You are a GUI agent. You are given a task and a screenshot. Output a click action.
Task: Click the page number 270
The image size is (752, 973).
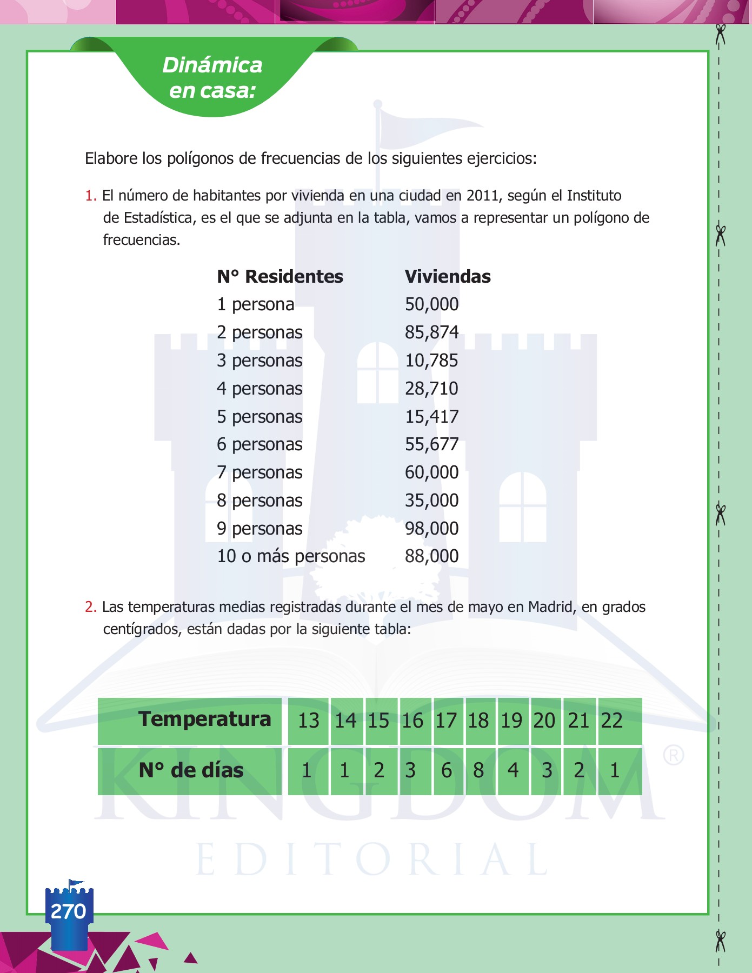(68, 911)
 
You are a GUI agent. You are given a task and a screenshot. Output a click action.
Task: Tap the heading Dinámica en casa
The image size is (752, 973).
(212, 78)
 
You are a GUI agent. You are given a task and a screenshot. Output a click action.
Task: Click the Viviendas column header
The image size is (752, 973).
(448, 276)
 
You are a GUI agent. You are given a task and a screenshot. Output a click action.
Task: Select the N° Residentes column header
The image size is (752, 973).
(280, 276)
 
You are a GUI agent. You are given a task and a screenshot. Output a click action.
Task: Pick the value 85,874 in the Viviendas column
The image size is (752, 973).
(431, 332)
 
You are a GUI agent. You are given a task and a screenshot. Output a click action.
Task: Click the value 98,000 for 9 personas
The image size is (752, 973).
(431, 528)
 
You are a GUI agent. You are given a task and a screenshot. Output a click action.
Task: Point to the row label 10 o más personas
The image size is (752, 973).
(291, 556)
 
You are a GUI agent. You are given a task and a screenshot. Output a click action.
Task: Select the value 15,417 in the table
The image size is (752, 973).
(431, 416)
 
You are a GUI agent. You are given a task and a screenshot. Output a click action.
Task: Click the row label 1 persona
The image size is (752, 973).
(256, 304)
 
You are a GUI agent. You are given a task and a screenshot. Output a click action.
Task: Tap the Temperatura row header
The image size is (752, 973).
(204, 719)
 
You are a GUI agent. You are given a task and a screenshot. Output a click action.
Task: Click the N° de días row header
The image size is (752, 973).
(191, 770)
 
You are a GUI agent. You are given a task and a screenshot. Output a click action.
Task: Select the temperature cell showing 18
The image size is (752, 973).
(478, 721)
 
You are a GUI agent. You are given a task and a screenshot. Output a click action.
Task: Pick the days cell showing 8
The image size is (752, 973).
(478, 770)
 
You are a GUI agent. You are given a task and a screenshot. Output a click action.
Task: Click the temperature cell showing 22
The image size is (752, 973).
(612, 721)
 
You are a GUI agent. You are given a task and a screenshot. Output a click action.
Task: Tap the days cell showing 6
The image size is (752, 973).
(447, 770)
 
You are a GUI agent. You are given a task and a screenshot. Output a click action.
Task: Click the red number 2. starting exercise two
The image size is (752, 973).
(90, 607)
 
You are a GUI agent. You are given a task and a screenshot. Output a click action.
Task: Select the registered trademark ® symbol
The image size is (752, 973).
(674, 755)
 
